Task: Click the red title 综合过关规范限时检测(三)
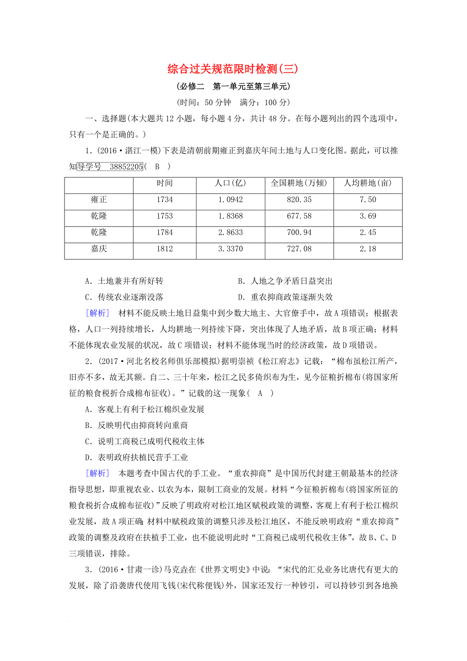click(233, 68)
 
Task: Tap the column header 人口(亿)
click(230, 183)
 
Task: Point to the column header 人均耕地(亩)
click(367, 183)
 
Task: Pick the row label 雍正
click(99, 200)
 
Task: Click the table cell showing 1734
click(165, 200)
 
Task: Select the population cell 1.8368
click(230, 216)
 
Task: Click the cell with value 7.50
click(367, 200)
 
